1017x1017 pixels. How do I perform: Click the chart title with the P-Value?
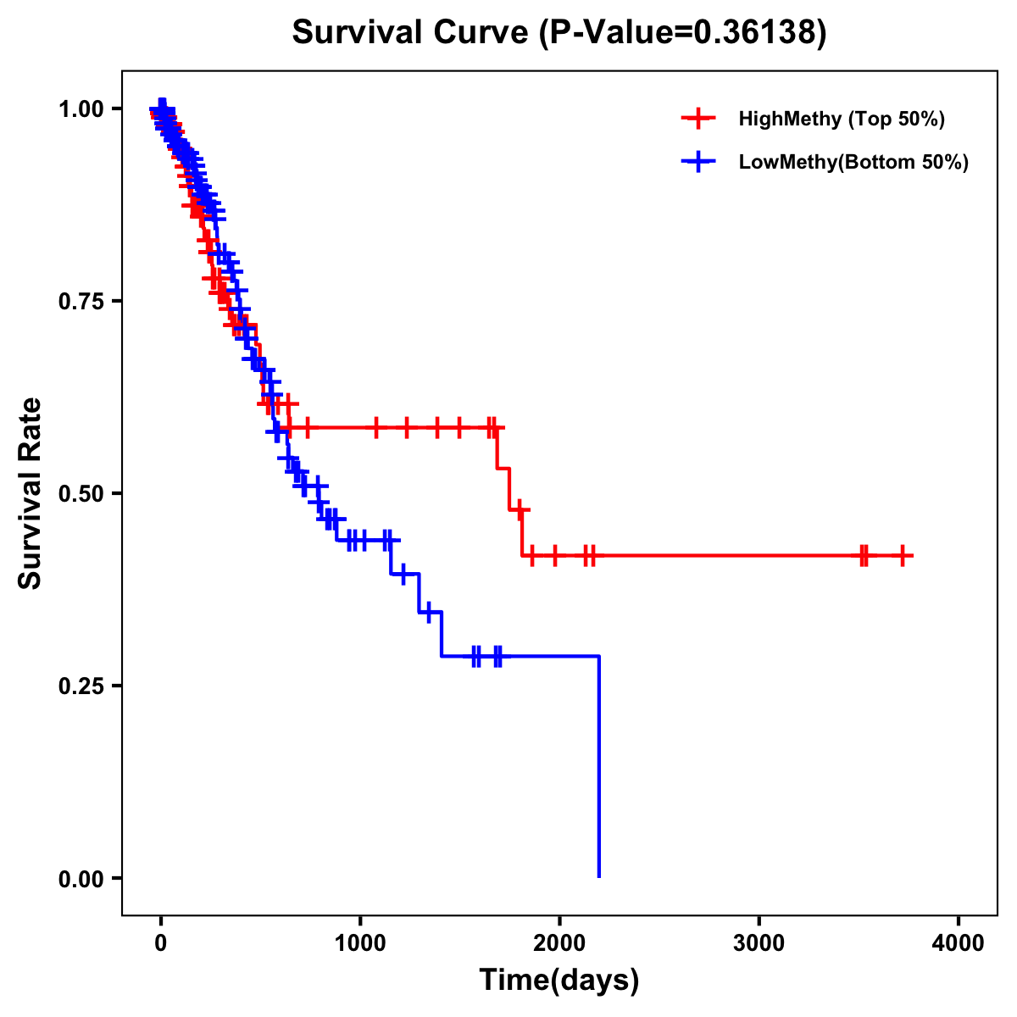pyautogui.click(x=559, y=32)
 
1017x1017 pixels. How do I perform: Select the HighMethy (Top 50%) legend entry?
pyautogui.click(x=841, y=119)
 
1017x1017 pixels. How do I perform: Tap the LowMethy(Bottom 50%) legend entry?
pyautogui.click(x=853, y=162)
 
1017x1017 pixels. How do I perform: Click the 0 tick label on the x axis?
pyautogui.click(x=161, y=943)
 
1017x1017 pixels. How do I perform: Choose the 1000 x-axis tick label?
pyautogui.click(x=360, y=943)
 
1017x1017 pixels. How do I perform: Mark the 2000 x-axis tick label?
pyautogui.click(x=559, y=943)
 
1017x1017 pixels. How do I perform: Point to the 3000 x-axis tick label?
pyautogui.click(x=759, y=943)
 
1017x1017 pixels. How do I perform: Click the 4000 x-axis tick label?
pyautogui.click(x=959, y=943)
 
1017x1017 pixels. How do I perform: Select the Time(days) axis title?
pyautogui.click(x=559, y=981)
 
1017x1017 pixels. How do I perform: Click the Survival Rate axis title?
pyautogui.click(x=31, y=493)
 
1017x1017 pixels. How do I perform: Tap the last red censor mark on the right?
pyautogui.click(x=903, y=556)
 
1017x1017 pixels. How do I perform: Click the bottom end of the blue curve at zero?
pyautogui.click(x=599, y=876)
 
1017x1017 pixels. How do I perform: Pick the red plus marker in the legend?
pyautogui.click(x=698, y=119)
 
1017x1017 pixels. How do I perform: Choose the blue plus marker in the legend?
pyautogui.click(x=698, y=162)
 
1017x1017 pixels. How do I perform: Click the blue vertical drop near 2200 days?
pyautogui.click(x=599, y=763)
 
